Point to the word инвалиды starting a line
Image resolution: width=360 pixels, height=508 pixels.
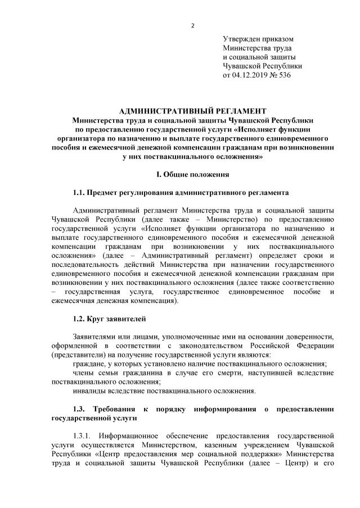click(x=89, y=391)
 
